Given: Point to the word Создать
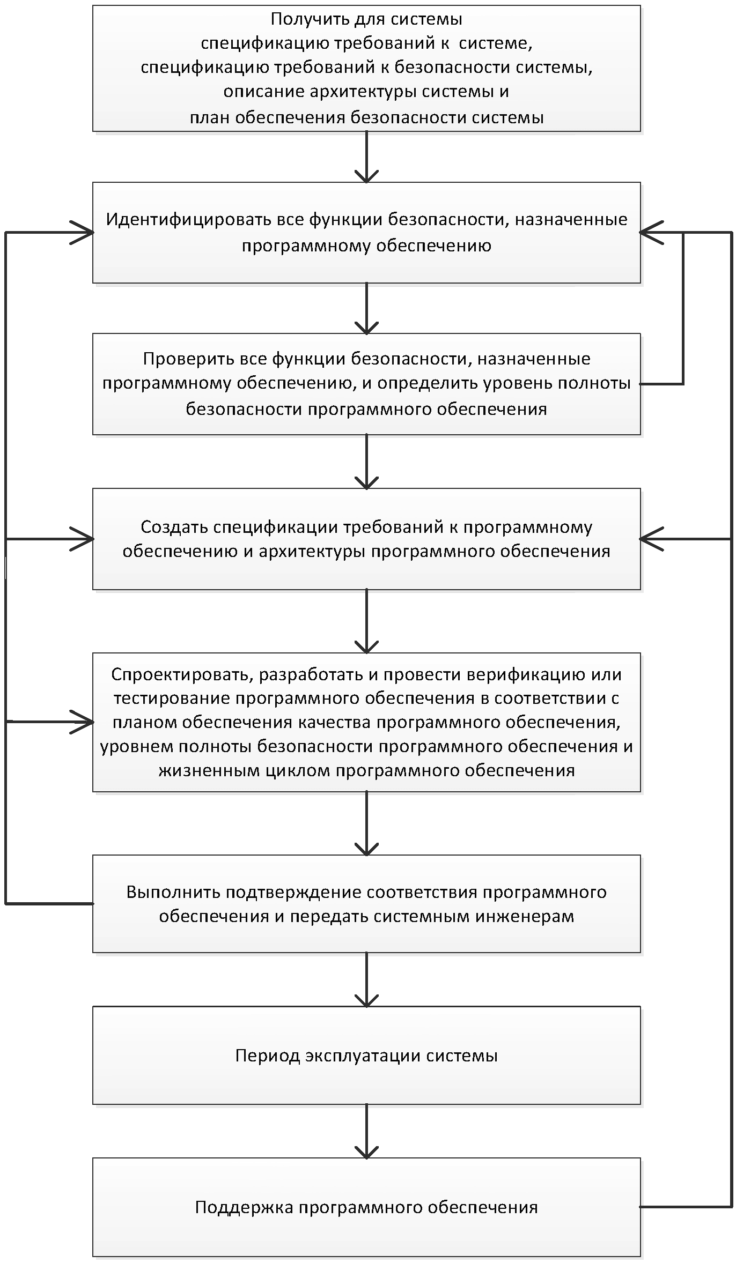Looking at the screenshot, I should pos(174,527).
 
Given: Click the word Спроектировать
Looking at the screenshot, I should pos(181,674).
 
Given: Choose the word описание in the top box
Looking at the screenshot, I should pos(263,92).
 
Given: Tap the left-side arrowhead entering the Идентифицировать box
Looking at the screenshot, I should pos(84,233).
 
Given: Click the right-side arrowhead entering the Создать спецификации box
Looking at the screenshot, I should pos(650,538).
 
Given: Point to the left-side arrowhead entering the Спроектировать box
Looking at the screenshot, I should pos(84,722).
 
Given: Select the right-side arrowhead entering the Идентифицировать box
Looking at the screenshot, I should pos(650,233).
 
